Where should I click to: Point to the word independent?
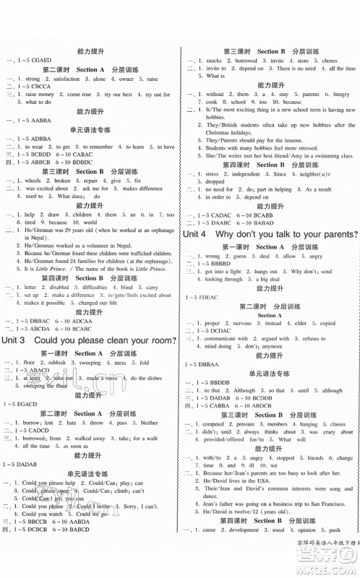[251, 174]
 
